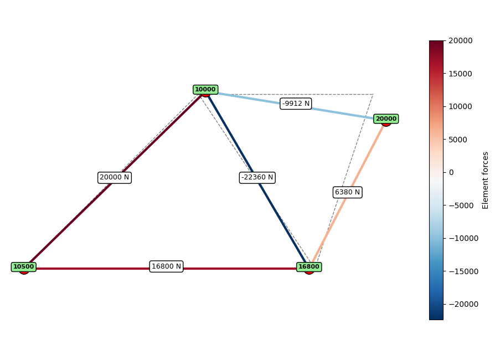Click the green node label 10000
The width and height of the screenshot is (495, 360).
pyautogui.click(x=205, y=90)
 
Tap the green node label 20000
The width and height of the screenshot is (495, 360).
pyautogui.click(x=386, y=119)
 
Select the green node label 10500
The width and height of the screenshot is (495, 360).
pyautogui.click(x=24, y=267)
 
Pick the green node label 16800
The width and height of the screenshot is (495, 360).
pyautogui.click(x=309, y=267)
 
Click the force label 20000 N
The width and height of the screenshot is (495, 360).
pyautogui.click(x=115, y=178)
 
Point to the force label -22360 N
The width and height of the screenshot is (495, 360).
pyautogui.click(x=257, y=178)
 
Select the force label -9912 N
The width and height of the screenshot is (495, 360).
pyautogui.click(x=296, y=104)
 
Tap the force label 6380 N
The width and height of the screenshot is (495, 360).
pyautogui.click(x=347, y=192)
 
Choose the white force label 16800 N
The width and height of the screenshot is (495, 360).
pyautogui.click(x=166, y=266)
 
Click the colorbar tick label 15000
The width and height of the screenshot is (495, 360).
pyautogui.click(x=460, y=74)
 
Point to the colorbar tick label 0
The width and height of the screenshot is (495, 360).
pyautogui.click(x=451, y=172)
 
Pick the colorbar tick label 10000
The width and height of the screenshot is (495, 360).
pyautogui.click(x=460, y=106)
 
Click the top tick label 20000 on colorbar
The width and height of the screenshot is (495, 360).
pyautogui.click(x=460, y=40)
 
